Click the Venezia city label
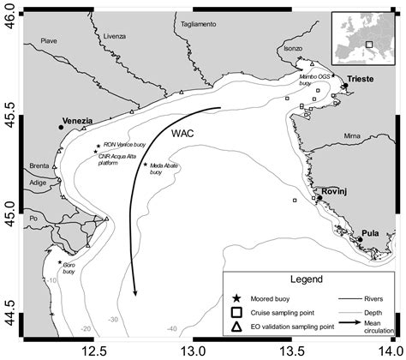(x=76, y=121)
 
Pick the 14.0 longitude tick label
(x=390, y=351)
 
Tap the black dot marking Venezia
(x=61, y=127)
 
